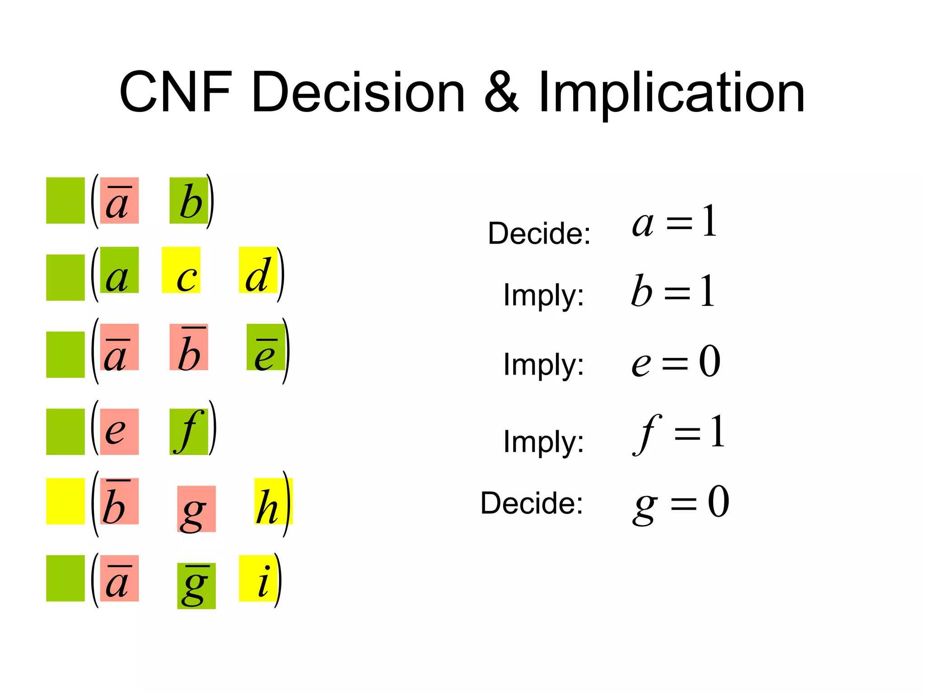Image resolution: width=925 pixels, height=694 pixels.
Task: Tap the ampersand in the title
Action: [501, 93]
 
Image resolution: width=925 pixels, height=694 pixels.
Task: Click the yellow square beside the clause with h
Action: [65, 501]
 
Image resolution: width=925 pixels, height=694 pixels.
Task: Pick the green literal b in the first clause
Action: [189, 201]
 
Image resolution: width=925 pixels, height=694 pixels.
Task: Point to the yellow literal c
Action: [181, 270]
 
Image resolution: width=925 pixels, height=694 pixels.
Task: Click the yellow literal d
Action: [258, 270]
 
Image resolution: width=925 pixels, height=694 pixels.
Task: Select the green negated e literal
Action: [266, 347]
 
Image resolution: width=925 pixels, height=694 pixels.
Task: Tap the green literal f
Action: [189, 431]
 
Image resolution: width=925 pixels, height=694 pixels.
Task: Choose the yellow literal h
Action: [273, 501]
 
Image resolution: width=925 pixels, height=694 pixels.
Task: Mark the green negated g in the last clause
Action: [196, 586]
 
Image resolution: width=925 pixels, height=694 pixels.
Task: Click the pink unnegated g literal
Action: [196, 509]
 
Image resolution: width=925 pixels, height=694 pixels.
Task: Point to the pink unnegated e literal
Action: [119, 431]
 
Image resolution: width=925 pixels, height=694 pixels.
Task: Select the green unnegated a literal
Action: [119, 270]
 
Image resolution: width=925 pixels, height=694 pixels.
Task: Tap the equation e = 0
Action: [676, 361]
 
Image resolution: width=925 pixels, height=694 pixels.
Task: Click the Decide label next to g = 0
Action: [532, 503]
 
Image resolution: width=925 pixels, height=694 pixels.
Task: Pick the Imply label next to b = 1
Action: [543, 295]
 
